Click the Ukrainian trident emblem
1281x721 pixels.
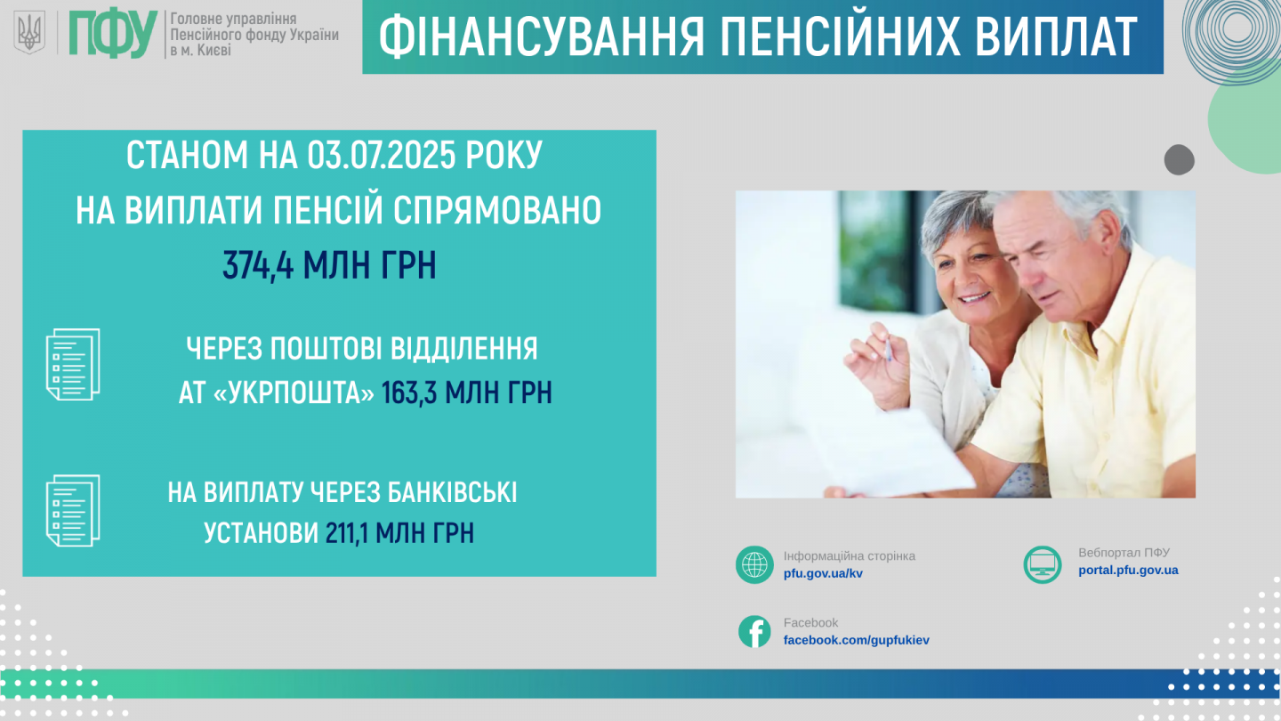[x=29, y=33]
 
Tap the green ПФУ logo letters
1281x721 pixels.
[x=113, y=34]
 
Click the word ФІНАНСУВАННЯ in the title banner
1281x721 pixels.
[x=541, y=37]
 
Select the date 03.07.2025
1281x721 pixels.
[x=381, y=155]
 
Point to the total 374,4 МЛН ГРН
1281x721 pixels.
[x=329, y=265]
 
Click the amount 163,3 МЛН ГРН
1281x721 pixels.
[x=467, y=393]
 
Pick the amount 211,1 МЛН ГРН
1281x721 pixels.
[x=399, y=533]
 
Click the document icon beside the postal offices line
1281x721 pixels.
[x=73, y=365]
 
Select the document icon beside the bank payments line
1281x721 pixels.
[x=73, y=510]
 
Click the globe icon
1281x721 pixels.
[x=754, y=564]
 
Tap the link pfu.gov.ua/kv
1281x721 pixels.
[x=823, y=573]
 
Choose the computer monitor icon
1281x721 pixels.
[x=1043, y=564]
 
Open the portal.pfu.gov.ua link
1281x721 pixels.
[x=1128, y=571]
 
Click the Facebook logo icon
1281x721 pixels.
[x=754, y=632]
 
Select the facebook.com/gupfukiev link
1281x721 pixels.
[x=856, y=640]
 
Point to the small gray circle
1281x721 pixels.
[x=1180, y=159]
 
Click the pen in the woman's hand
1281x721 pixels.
[x=888, y=350]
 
